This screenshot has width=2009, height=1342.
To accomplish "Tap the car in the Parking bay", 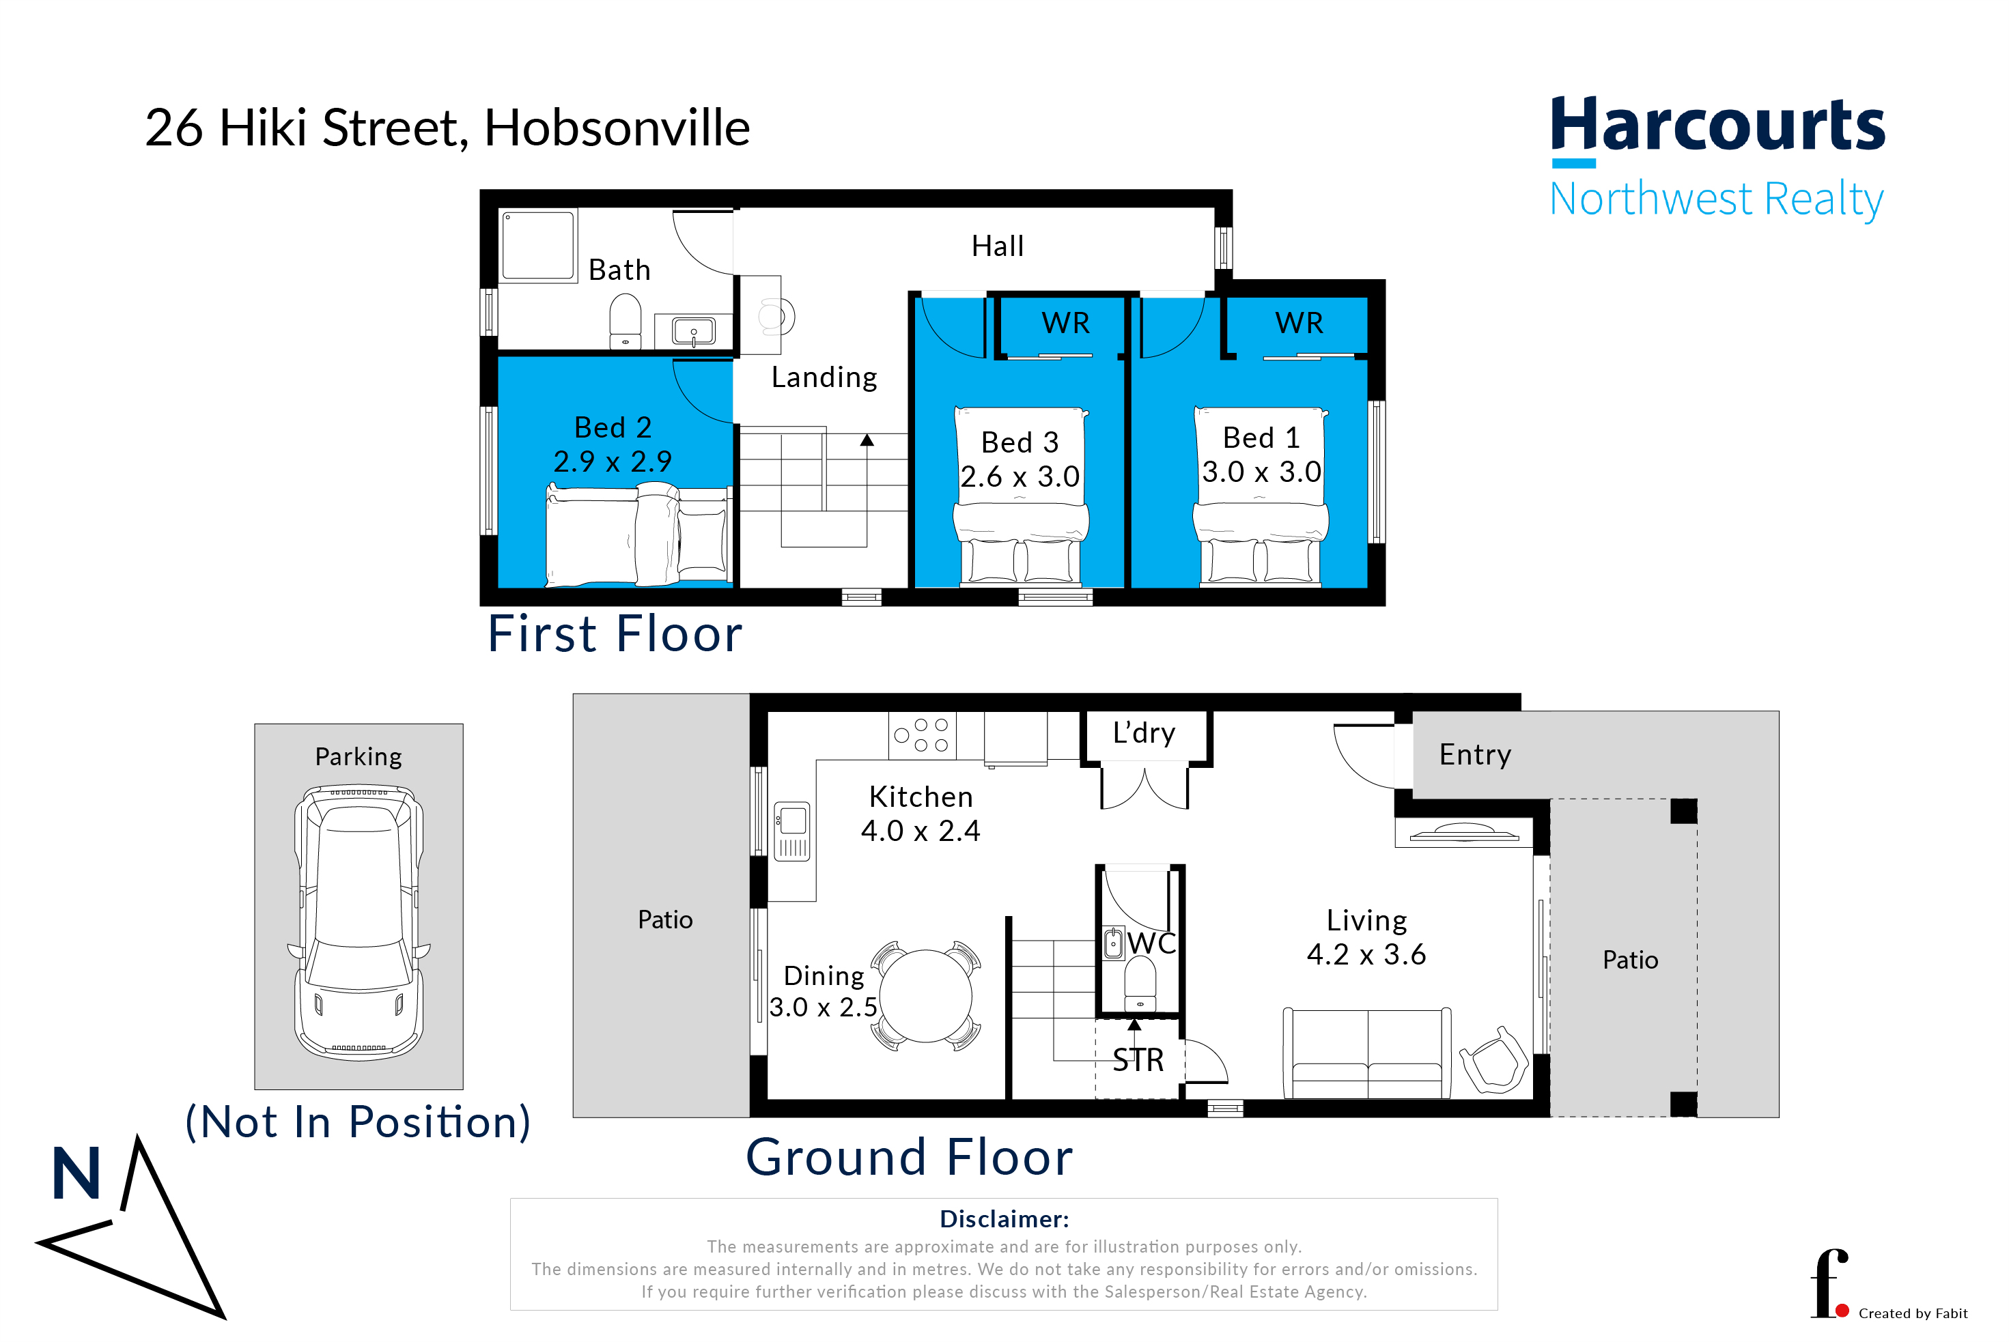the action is (359, 923).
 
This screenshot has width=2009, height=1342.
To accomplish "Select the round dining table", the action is (925, 995).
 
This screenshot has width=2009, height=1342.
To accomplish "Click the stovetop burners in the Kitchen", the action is (922, 735).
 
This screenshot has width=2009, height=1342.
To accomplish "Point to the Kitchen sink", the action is (792, 831).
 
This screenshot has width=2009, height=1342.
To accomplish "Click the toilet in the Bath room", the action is (626, 320).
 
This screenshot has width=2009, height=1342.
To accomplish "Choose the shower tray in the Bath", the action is (537, 246).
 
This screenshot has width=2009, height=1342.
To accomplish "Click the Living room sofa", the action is (1367, 1053).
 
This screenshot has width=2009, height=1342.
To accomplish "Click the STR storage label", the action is (1138, 1060).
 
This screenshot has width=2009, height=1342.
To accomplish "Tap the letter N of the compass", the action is (76, 1173).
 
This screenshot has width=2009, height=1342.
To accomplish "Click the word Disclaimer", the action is (1004, 1218).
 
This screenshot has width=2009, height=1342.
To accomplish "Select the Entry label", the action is (1475, 755).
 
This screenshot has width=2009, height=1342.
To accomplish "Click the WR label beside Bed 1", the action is (1299, 323).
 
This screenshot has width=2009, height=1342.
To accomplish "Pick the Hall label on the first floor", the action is (997, 246).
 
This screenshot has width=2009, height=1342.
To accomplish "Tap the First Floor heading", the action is (615, 634).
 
